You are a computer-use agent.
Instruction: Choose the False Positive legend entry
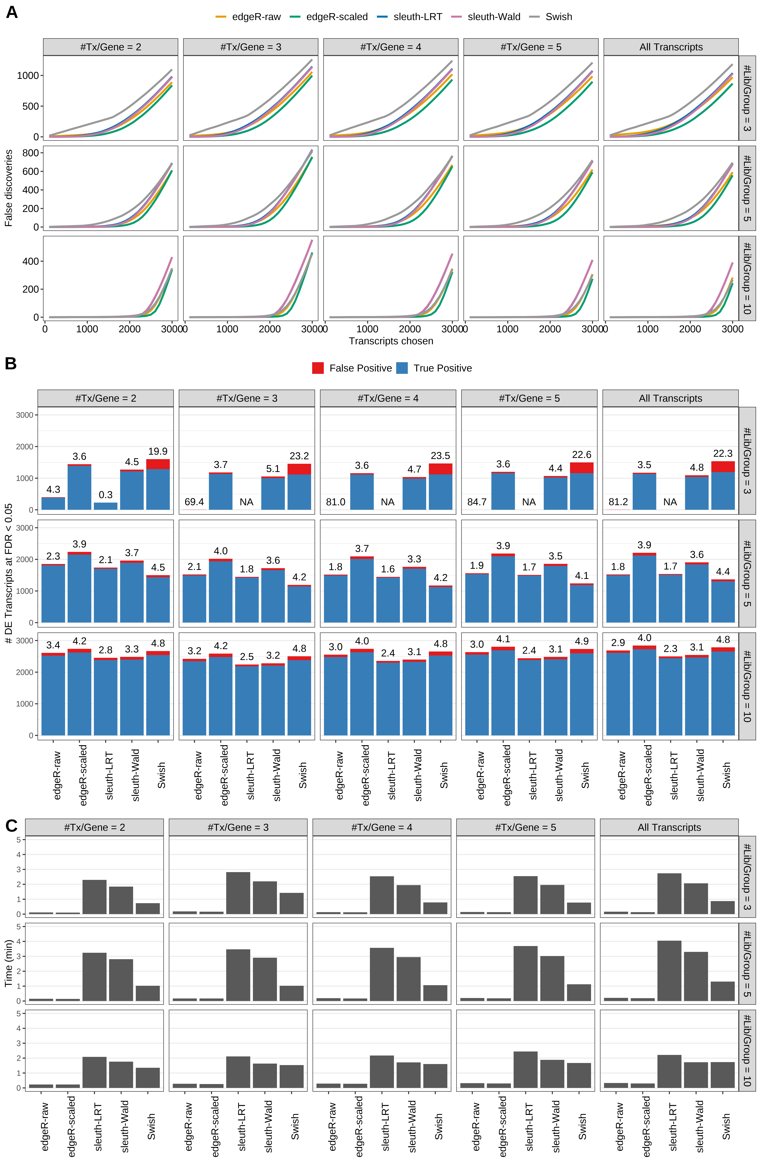[352, 368]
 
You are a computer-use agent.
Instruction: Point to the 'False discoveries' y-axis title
[8, 188]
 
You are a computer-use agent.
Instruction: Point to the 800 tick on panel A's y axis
[30, 153]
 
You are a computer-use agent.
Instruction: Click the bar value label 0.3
[106, 495]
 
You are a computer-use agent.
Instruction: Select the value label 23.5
[440, 456]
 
